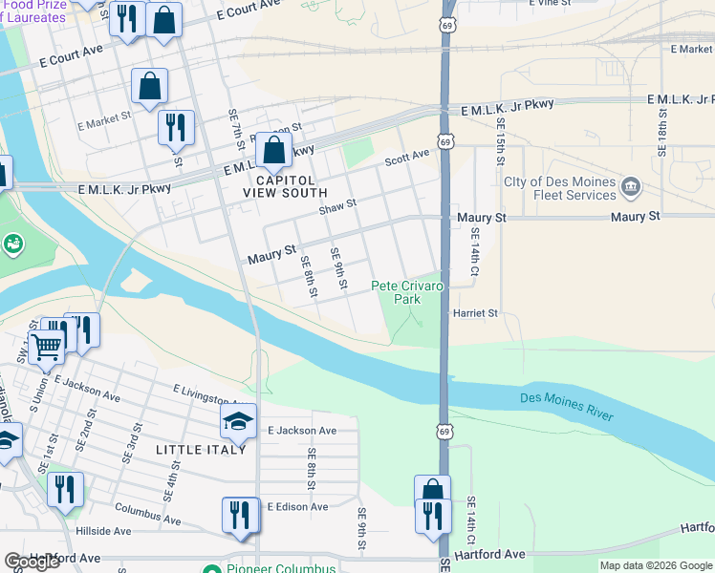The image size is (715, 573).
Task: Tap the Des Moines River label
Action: (566, 406)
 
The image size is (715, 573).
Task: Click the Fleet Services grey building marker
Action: (630, 186)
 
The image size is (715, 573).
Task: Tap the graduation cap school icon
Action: (239, 421)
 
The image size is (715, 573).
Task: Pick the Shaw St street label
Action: (337, 205)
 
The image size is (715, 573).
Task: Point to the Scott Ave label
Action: (407, 160)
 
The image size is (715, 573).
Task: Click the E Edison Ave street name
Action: (297, 506)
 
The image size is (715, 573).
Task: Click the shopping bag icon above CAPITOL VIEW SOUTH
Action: (273, 150)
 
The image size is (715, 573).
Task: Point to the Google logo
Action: (32, 562)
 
